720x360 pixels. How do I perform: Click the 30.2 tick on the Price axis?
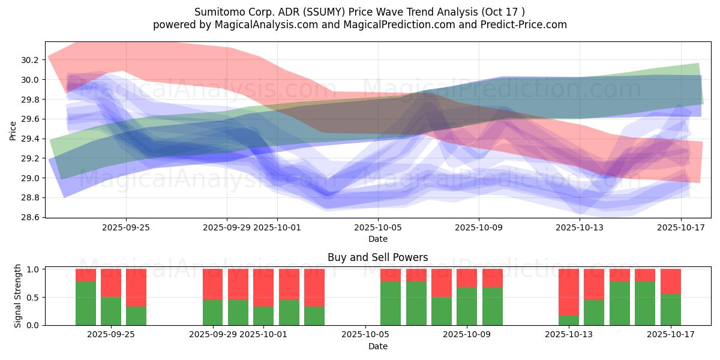tap(29, 60)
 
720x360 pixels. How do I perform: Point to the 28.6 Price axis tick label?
tap(29, 217)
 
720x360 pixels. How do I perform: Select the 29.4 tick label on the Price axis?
tap(29, 139)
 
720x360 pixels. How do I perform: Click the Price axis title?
tap(13, 130)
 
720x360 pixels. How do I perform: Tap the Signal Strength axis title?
tap(17, 296)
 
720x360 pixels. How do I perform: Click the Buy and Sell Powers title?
tap(377, 257)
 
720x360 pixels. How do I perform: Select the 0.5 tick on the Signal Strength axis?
tap(34, 297)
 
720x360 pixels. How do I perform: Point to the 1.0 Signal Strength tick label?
tap(34, 269)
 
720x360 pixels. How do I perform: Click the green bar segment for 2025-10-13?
tap(568, 320)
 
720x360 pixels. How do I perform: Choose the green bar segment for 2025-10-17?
tap(670, 310)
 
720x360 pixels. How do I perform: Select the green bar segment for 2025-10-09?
tap(467, 306)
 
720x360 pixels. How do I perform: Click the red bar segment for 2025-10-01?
tap(263, 288)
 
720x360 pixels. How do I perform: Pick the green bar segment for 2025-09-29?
tap(212, 312)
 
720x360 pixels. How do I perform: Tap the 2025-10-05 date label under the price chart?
tap(378, 227)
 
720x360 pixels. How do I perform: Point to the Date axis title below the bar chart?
tap(377, 346)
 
